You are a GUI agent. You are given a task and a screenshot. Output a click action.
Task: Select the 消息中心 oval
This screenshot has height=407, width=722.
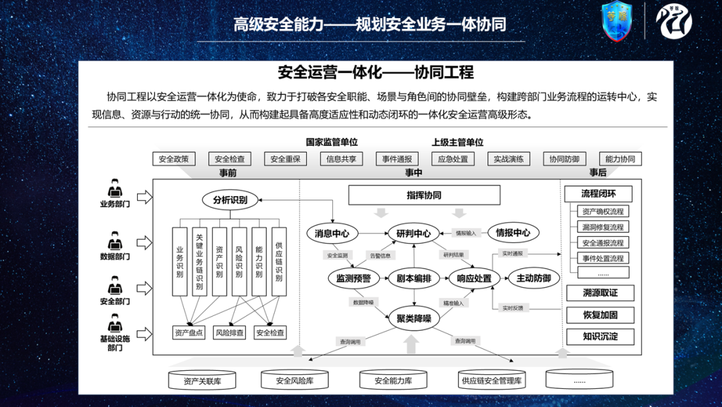point(332,234)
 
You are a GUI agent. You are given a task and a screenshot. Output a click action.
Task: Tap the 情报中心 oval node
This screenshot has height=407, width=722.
point(513,234)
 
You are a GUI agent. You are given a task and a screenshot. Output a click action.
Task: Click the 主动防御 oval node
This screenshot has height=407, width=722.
point(533,278)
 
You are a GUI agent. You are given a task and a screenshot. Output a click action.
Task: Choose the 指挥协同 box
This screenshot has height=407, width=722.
point(424,195)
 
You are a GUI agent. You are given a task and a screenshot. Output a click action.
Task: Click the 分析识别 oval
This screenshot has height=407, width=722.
point(230,199)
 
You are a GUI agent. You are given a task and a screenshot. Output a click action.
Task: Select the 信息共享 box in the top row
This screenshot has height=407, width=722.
point(341,159)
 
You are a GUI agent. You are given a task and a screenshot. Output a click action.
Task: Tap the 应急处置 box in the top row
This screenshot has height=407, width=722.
point(453,159)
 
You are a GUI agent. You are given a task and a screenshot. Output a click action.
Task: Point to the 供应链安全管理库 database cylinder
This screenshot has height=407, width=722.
point(491,381)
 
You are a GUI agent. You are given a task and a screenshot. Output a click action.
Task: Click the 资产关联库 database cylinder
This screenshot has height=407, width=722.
point(202,381)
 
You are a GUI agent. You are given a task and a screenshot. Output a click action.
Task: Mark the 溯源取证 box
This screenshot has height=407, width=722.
point(600,293)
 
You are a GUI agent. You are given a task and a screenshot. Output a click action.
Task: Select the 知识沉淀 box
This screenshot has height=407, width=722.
point(600,337)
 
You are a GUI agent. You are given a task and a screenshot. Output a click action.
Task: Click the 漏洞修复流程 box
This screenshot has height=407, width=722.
point(602,228)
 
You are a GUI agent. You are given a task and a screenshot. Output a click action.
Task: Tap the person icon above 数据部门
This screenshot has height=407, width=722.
point(115,240)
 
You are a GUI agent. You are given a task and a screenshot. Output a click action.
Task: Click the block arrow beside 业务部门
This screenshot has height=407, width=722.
point(144,196)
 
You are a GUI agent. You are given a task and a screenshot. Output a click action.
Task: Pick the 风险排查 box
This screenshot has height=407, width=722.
point(229,332)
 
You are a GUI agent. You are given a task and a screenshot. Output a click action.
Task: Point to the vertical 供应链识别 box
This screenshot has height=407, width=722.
point(279,262)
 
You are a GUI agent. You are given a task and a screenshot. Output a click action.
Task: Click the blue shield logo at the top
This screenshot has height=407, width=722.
point(616,22)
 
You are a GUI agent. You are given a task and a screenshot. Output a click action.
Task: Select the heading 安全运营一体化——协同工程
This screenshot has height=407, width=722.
point(375,72)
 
